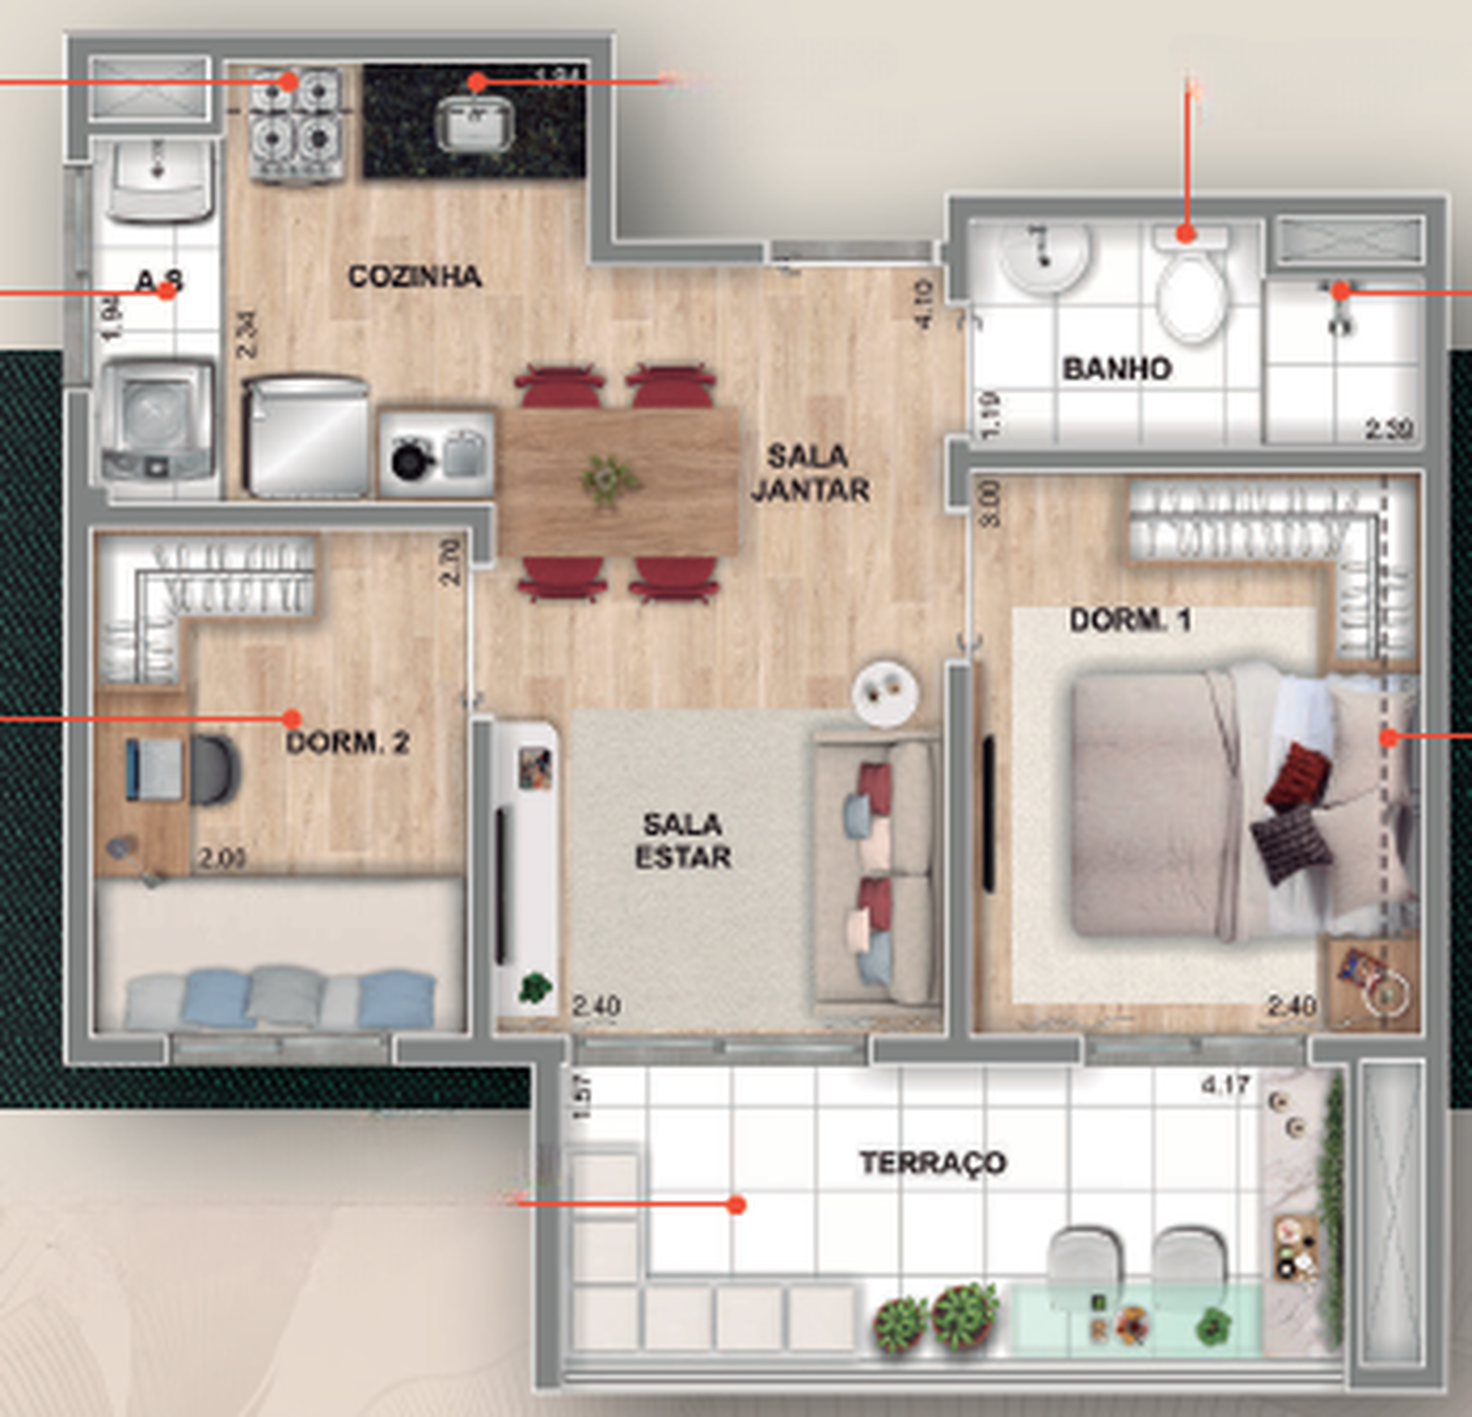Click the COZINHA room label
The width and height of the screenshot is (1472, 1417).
click(x=415, y=276)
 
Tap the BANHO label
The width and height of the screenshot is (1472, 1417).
click(x=1117, y=369)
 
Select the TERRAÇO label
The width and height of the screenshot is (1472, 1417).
click(x=933, y=1163)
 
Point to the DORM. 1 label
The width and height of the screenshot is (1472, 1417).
click(x=1130, y=620)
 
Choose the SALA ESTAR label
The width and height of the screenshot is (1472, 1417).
click(x=682, y=841)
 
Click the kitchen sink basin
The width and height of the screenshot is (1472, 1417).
click(x=475, y=124)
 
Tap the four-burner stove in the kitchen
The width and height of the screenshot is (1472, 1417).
click(x=298, y=124)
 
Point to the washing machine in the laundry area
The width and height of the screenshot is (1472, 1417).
click(x=157, y=421)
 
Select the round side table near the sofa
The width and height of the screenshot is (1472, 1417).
click(x=886, y=691)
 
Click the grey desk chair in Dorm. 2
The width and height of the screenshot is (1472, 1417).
click(x=211, y=770)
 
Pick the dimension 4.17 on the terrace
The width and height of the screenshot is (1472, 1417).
click(x=1225, y=1086)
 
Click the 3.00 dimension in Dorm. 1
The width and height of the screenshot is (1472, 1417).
click(x=991, y=504)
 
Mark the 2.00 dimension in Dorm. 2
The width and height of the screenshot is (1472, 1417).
click(x=221, y=858)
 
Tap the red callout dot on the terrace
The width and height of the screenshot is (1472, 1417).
click(x=736, y=1204)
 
